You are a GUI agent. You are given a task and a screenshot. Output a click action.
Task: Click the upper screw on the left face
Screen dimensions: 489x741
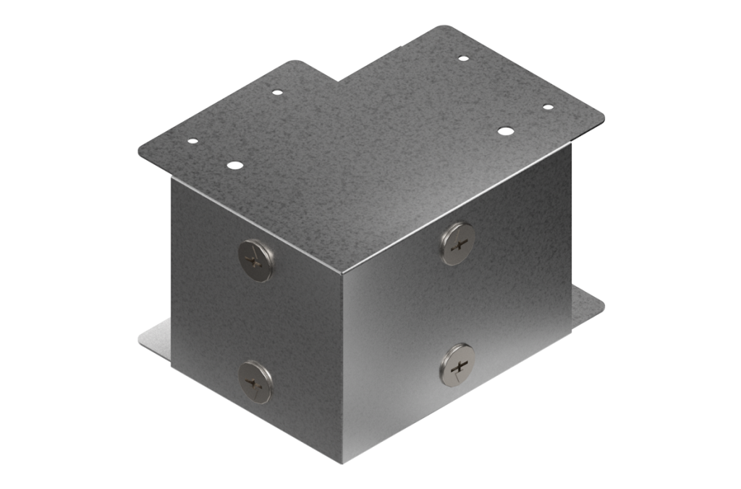tap(256, 260)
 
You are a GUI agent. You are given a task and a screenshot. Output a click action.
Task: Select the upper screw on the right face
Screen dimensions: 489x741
tap(458, 243)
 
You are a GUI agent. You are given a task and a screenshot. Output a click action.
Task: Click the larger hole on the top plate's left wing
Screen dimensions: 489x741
tap(234, 165)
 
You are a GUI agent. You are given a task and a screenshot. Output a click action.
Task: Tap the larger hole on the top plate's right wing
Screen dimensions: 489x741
tap(505, 131)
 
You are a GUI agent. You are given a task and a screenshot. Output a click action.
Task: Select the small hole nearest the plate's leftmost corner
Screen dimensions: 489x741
tap(192, 142)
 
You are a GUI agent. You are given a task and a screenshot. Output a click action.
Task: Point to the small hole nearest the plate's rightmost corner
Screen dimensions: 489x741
tap(548, 107)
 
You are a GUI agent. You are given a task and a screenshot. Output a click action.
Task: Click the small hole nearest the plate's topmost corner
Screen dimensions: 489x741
tap(463, 58)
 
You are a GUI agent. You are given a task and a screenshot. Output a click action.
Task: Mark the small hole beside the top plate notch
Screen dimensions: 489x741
tap(276, 92)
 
